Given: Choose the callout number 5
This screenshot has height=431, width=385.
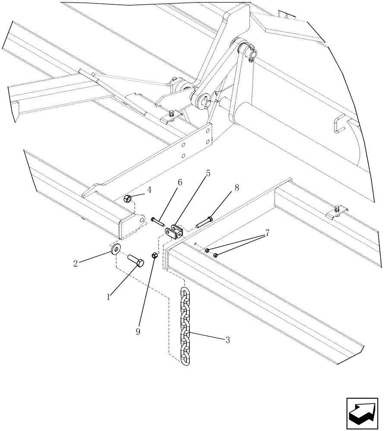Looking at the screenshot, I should click(x=208, y=174).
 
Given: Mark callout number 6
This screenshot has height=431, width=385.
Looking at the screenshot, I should click(x=179, y=182).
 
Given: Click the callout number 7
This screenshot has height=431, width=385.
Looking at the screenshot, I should click(x=267, y=233).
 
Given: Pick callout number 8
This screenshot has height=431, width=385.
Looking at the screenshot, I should click(x=237, y=188).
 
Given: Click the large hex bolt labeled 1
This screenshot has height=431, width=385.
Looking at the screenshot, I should click(x=135, y=261).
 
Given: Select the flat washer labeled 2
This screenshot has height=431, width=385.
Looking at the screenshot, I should click(x=115, y=250).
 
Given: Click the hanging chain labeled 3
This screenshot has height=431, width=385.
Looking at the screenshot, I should click(x=185, y=328).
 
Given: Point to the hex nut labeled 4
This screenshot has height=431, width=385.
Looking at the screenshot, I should click(x=128, y=199).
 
